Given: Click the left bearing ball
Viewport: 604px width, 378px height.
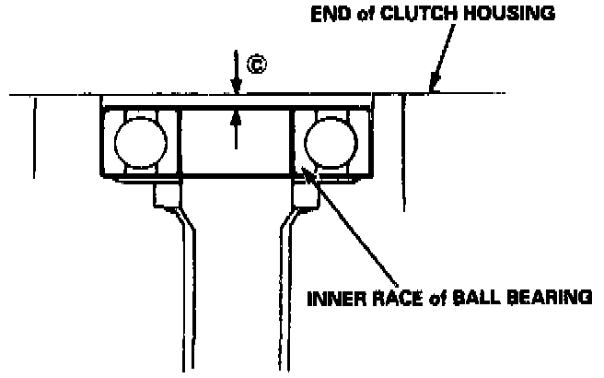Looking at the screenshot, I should click(x=140, y=143).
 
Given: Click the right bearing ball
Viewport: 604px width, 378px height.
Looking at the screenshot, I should click(x=331, y=143).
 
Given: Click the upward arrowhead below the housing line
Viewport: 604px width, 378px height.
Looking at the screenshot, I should click(x=237, y=115).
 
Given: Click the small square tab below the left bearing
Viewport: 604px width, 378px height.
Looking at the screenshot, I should click(x=166, y=195).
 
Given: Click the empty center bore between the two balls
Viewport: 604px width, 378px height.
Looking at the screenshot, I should click(x=236, y=148).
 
